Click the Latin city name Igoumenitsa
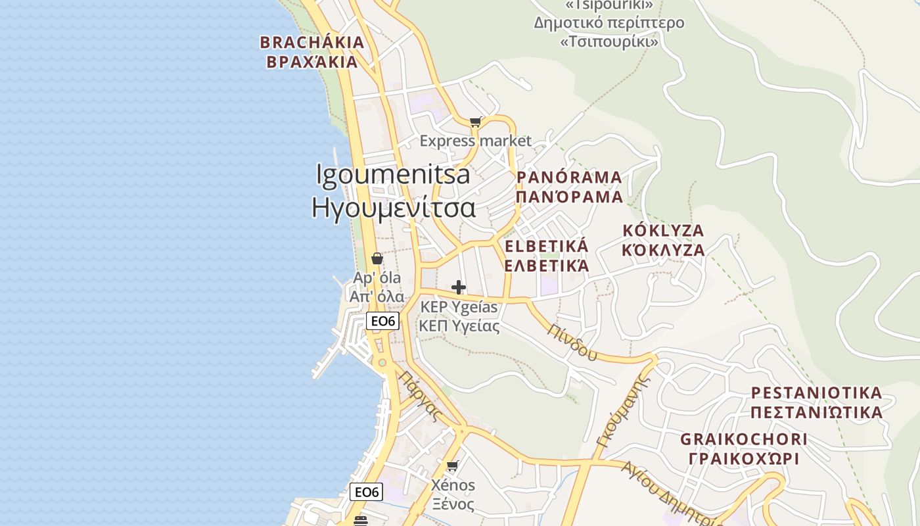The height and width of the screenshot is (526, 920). click(x=393, y=175)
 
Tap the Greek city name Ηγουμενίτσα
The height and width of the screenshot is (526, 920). click(x=393, y=207)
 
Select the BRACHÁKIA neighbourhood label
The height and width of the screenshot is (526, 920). click(x=311, y=43)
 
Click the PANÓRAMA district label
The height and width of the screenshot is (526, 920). click(x=569, y=178)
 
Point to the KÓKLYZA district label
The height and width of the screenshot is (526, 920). click(x=663, y=231)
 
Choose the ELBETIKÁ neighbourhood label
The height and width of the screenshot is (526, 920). click(x=546, y=247)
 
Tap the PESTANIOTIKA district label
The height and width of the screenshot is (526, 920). click(x=816, y=393)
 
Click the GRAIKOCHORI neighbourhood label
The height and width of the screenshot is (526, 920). click(x=743, y=439)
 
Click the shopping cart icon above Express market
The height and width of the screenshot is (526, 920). click(x=476, y=122)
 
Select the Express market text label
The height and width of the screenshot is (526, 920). click(x=475, y=141)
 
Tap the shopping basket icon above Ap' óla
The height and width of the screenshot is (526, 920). click(x=377, y=258)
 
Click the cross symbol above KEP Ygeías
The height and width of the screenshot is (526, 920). click(x=459, y=287)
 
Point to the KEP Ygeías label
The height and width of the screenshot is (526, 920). click(x=459, y=307)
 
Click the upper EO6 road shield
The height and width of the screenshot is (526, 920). click(x=382, y=321)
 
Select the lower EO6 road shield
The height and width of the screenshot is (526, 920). click(x=366, y=492)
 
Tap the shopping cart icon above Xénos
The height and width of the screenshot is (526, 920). click(x=452, y=466)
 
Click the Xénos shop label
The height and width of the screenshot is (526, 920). click(x=453, y=485)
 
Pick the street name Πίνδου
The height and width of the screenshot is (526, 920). click(x=574, y=342)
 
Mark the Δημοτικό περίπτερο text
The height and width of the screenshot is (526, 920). click(x=609, y=23)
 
